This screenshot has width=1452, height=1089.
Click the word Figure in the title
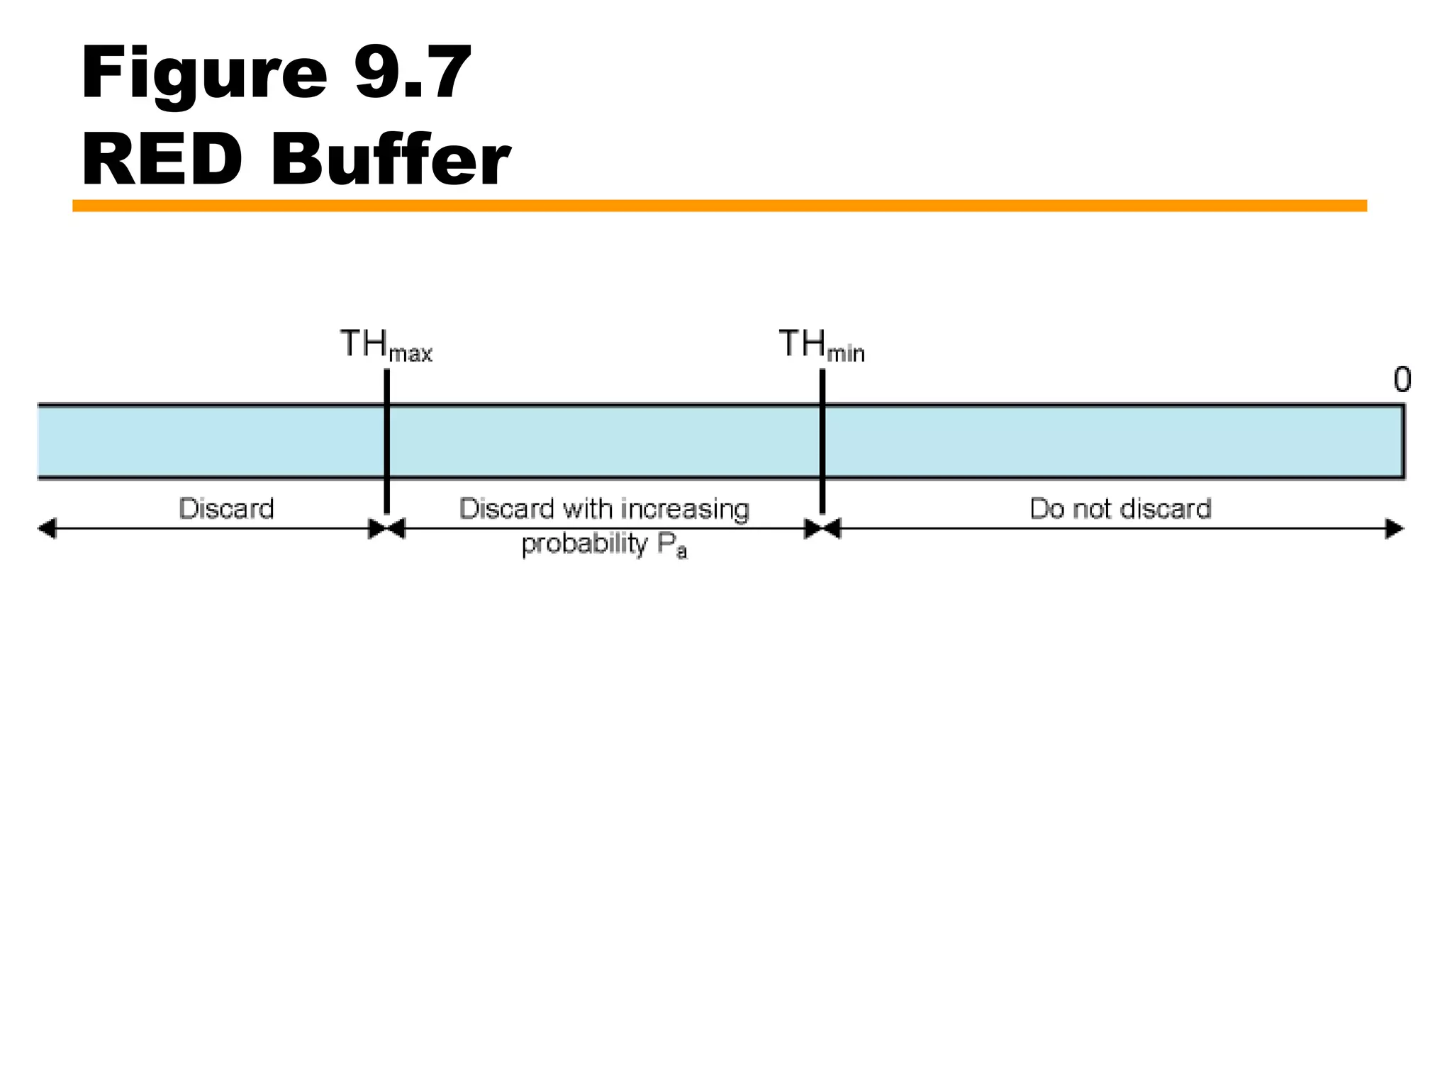[204, 74]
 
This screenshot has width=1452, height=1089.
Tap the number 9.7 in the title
[413, 72]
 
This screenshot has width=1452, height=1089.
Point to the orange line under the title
[719, 206]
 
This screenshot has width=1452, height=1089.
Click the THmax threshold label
[386, 345]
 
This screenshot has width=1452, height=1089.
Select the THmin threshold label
[821, 345]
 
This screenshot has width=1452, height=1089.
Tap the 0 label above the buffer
[1402, 380]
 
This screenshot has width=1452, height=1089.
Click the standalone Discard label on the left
[226, 509]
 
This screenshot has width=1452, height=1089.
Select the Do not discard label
[1120, 509]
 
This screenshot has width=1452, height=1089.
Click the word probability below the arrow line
[584, 544]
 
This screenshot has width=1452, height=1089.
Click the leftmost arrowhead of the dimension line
[47, 529]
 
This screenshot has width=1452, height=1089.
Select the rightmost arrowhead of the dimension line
[1394, 529]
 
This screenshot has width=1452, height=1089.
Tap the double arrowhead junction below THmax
[387, 529]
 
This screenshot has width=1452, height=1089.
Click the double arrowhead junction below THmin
[822, 529]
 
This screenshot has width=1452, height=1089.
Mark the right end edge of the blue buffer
[1403, 441]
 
